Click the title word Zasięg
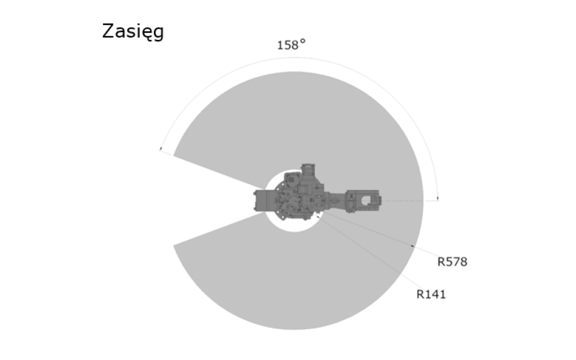pos(132,32)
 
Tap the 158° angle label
pos(291,45)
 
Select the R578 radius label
pos(452,262)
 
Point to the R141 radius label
pos(431,294)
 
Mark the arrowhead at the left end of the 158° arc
pos(161,149)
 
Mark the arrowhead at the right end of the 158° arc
pos(438,199)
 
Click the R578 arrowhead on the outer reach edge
pos(412,245)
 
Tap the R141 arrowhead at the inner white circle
pos(318,216)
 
